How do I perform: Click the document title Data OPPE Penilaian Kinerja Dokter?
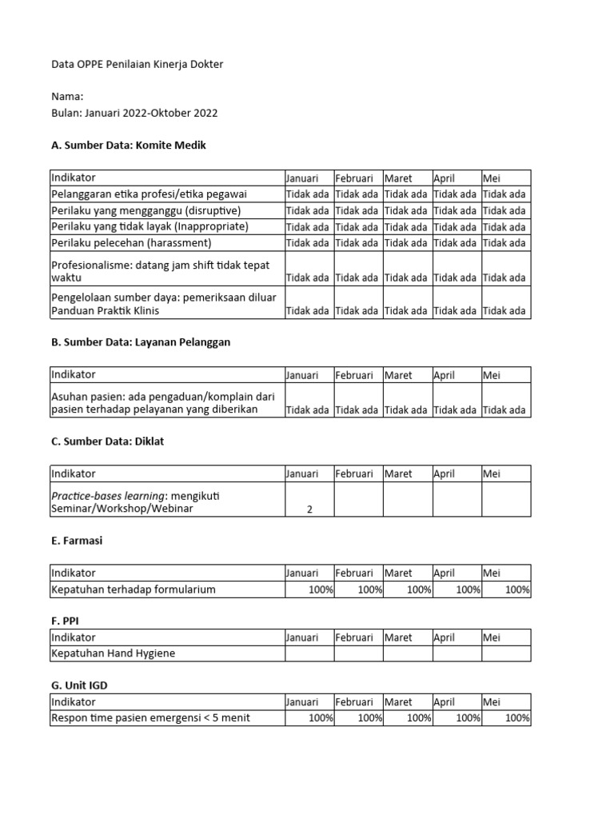pyautogui.click(x=137, y=64)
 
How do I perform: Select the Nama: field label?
pyautogui.click(x=67, y=97)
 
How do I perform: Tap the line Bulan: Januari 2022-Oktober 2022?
pyautogui.click(x=134, y=113)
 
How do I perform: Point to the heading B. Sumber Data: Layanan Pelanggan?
pyautogui.click(x=141, y=342)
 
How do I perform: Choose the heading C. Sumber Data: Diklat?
pyautogui.click(x=107, y=441)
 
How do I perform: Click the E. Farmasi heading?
pyautogui.click(x=77, y=541)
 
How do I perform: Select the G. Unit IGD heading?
pyautogui.click(x=84, y=686)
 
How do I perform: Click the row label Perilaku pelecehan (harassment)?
pyautogui.click(x=131, y=242)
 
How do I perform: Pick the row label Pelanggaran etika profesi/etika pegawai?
pyautogui.click(x=149, y=194)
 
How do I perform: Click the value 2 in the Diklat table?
pyautogui.click(x=309, y=509)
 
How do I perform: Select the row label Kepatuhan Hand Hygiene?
pyautogui.click(x=113, y=653)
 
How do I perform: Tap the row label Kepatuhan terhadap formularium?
pyautogui.click(x=133, y=589)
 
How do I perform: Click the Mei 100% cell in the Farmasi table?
pyautogui.click(x=506, y=589)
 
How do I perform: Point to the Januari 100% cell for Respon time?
pyautogui.click(x=309, y=718)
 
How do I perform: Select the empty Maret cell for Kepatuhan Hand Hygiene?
pyautogui.click(x=408, y=653)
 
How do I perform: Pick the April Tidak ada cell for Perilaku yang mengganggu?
pyautogui.click(x=456, y=210)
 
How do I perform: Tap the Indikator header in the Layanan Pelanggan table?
pyautogui.click(x=74, y=374)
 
